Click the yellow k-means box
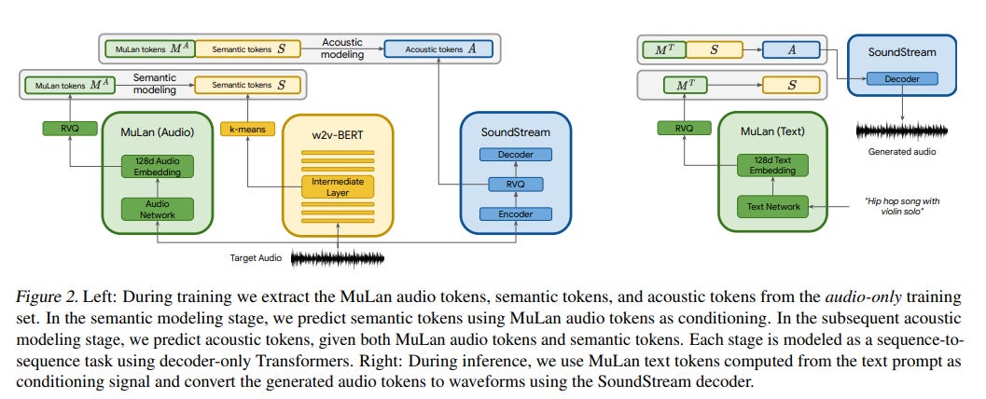pyautogui.click(x=248, y=130)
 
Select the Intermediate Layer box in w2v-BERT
pyautogui.click(x=338, y=186)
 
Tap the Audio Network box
pyautogui.click(x=158, y=209)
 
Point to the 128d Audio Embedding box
pyautogui.click(x=158, y=166)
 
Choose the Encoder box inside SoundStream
pyautogui.click(x=516, y=214)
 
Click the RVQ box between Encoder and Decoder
pyautogui.click(x=516, y=184)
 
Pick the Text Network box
pyautogui.click(x=772, y=206)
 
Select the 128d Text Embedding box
pyautogui.click(x=772, y=165)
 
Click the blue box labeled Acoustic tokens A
pyautogui.click(x=439, y=49)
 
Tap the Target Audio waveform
pyautogui.click(x=337, y=258)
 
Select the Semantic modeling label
pyautogui.click(x=155, y=84)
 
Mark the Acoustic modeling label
pyautogui.click(x=342, y=48)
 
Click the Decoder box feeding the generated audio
pyautogui.click(x=902, y=79)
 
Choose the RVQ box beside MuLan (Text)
pyautogui.click(x=684, y=128)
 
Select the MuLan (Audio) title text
pyautogui.click(x=158, y=132)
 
